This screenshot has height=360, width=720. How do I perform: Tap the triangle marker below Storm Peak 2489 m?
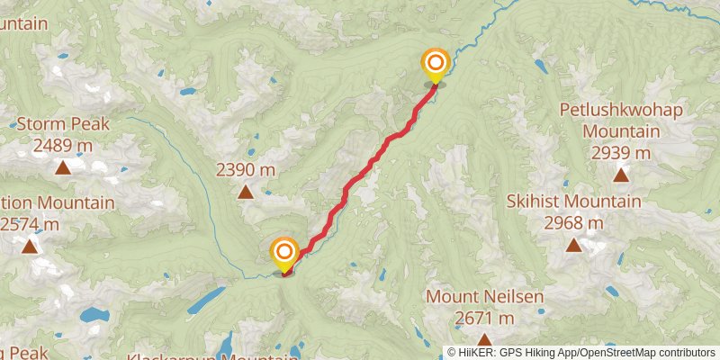(63, 167)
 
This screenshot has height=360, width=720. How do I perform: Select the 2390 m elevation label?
(245, 169)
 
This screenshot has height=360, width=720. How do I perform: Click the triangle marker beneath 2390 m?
(245, 191)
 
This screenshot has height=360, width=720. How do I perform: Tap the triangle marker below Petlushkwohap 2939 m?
(621, 176)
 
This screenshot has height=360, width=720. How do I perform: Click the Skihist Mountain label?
(574, 202)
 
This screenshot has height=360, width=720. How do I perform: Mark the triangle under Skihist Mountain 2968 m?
(574, 245)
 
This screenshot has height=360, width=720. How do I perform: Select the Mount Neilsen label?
(484, 296)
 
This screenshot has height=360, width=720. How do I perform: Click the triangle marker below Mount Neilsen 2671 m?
(484, 340)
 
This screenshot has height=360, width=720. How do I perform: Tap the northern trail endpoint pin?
(436, 63)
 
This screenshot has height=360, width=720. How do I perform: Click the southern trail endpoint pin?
(284, 252)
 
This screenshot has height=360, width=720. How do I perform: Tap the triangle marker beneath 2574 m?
(31, 246)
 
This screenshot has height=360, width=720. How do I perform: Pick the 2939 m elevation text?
(621, 153)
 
